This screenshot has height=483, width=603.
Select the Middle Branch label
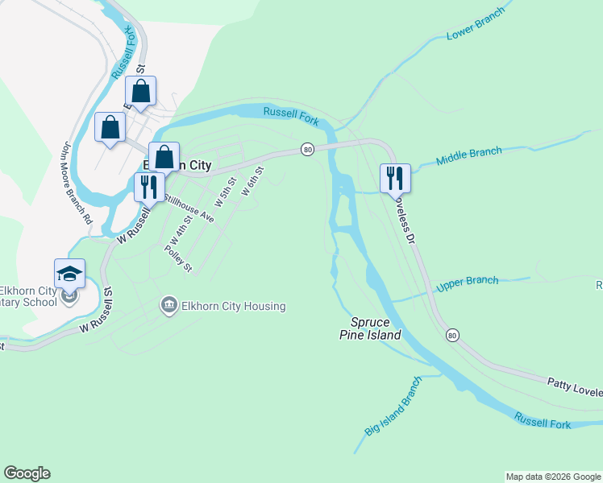[469, 155]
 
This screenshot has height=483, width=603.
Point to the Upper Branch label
[468, 284]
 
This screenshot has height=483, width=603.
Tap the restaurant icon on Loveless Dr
[395, 177]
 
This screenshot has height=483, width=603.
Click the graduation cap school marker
[69, 273]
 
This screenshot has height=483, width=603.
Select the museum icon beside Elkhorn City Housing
[168, 305]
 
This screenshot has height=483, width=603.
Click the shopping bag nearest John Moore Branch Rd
[110, 127]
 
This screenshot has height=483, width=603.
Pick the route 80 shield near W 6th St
[307, 150]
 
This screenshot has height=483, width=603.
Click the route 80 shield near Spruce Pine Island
[451, 334]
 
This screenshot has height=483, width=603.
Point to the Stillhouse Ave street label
[189, 208]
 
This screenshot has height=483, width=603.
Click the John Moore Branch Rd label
[77, 183]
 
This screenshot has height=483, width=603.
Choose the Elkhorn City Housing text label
[233, 306]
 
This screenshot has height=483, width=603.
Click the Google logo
[27, 473]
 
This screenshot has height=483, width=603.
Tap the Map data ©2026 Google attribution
[553, 477]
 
